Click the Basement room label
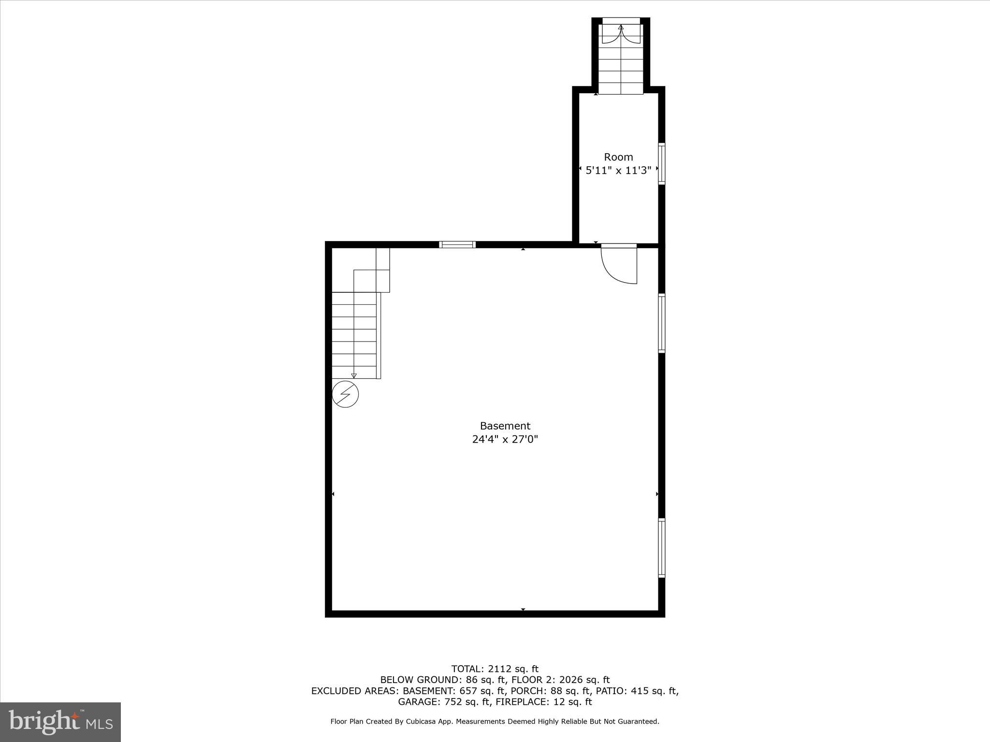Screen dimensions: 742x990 (505, 426)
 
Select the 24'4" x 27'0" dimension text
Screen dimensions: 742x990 (505, 439)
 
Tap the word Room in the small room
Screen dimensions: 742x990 (618, 157)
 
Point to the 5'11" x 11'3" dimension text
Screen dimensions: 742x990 (618, 170)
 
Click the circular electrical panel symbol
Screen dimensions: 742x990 (346, 394)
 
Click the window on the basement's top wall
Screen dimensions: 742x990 (457, 244)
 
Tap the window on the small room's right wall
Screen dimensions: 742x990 (661, 163)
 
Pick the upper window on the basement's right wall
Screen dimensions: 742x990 (661, 323)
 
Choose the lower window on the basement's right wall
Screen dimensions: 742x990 (661, 548)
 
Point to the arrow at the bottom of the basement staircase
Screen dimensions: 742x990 (354, 375)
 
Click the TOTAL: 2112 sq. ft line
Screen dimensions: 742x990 (495, 669)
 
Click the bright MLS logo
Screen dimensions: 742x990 (60, 722)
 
